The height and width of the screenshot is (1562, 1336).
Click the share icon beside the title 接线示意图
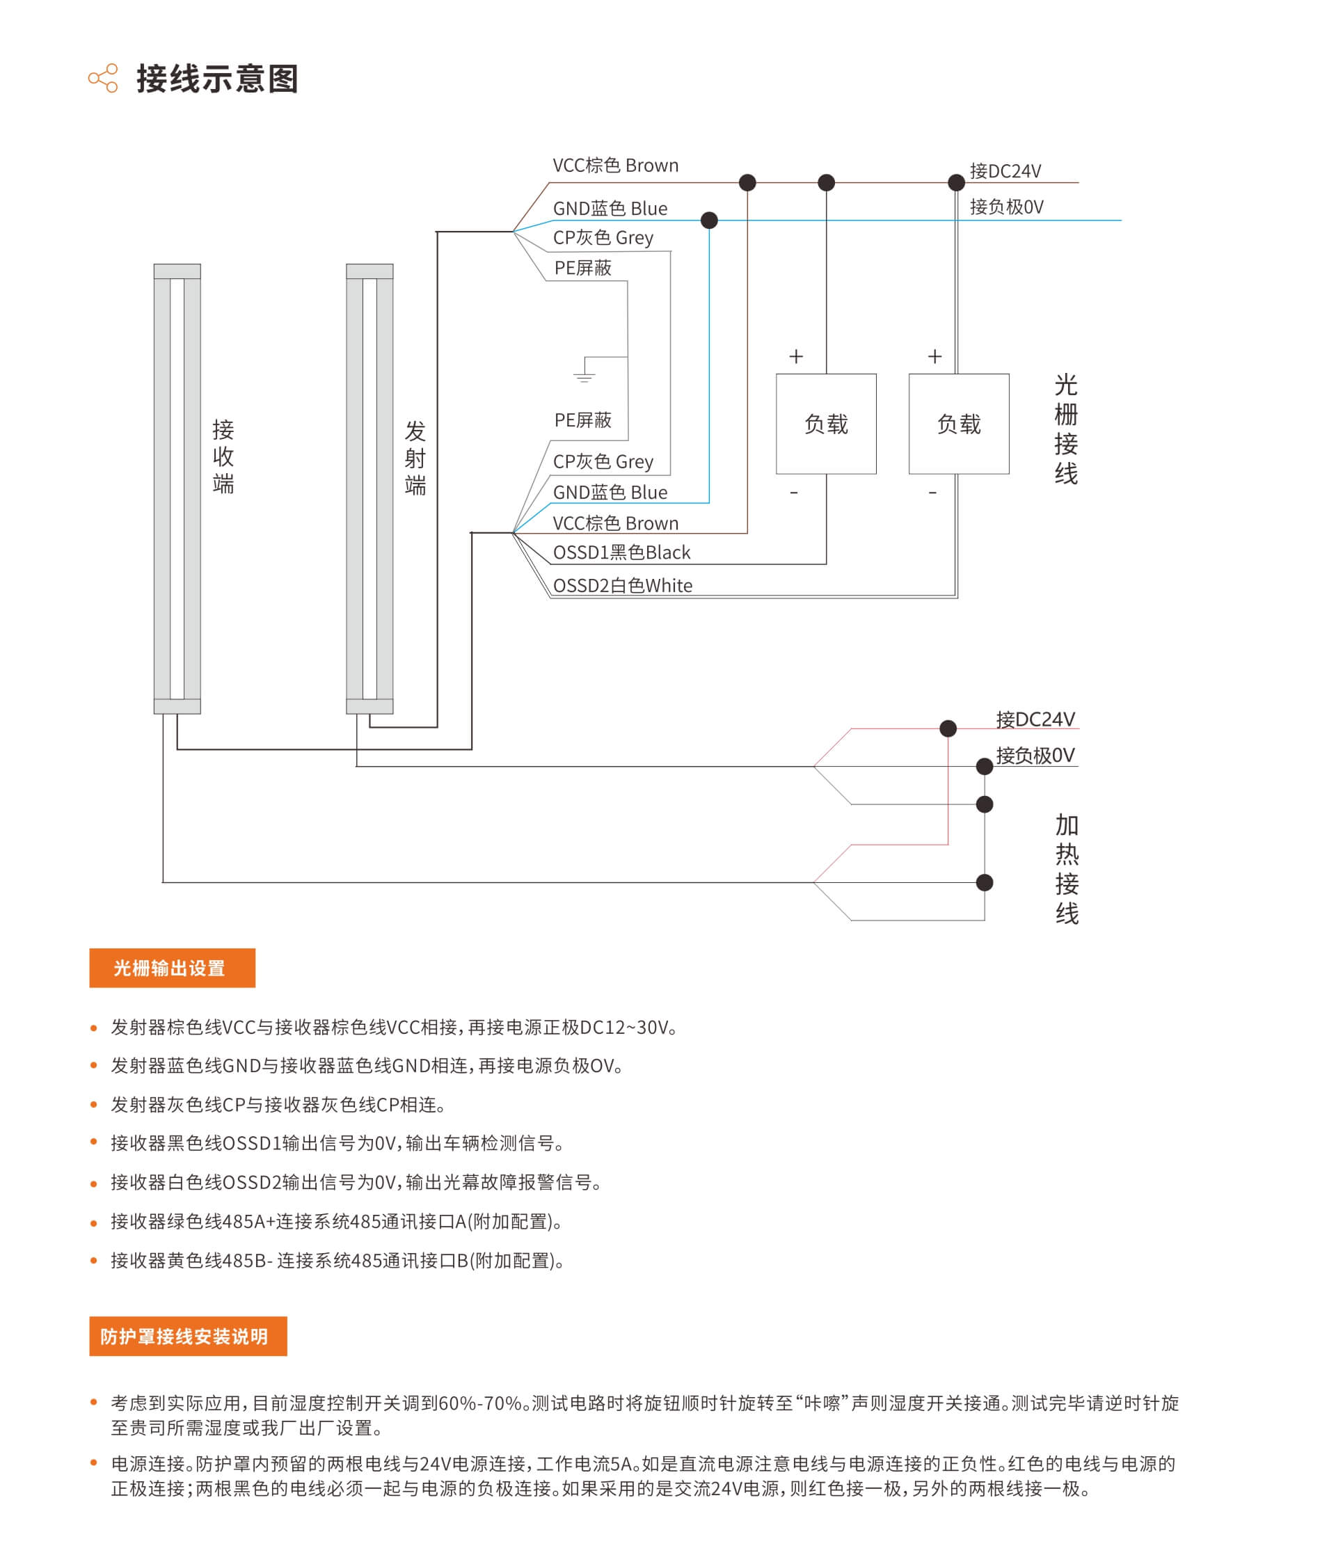click(102, 78)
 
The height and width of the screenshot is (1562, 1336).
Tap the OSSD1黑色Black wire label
click(621, 552)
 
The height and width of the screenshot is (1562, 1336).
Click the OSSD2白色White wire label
click(622, 586)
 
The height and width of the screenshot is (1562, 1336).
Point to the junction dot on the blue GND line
click(709, 220)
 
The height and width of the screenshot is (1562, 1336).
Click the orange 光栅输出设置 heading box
click(172, 967)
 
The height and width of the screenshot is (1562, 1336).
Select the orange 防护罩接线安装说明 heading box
click(188, 1336)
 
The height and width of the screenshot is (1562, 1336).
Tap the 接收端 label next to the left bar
click(223, 457)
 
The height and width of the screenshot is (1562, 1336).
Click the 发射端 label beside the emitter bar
click(415, 459)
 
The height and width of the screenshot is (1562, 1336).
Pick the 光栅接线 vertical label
click(1065, 430)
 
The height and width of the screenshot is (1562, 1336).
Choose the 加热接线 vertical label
click(1066, 869)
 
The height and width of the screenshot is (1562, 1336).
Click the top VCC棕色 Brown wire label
click(615, 165)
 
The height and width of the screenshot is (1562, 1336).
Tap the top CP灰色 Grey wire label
click(603, 237)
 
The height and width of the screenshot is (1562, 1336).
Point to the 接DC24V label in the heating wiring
click(1035, 719)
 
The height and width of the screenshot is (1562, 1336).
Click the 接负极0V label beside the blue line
click(1007, 207)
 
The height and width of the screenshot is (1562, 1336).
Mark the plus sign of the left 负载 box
click(796, 356)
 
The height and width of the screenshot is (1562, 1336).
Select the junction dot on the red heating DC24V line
click(948, 728)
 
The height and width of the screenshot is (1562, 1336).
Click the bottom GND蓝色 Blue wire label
click(610, 493)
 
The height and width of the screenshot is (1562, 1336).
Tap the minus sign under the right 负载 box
click(932, 493)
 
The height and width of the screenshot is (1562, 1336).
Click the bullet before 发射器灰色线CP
click(93, 1105)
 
